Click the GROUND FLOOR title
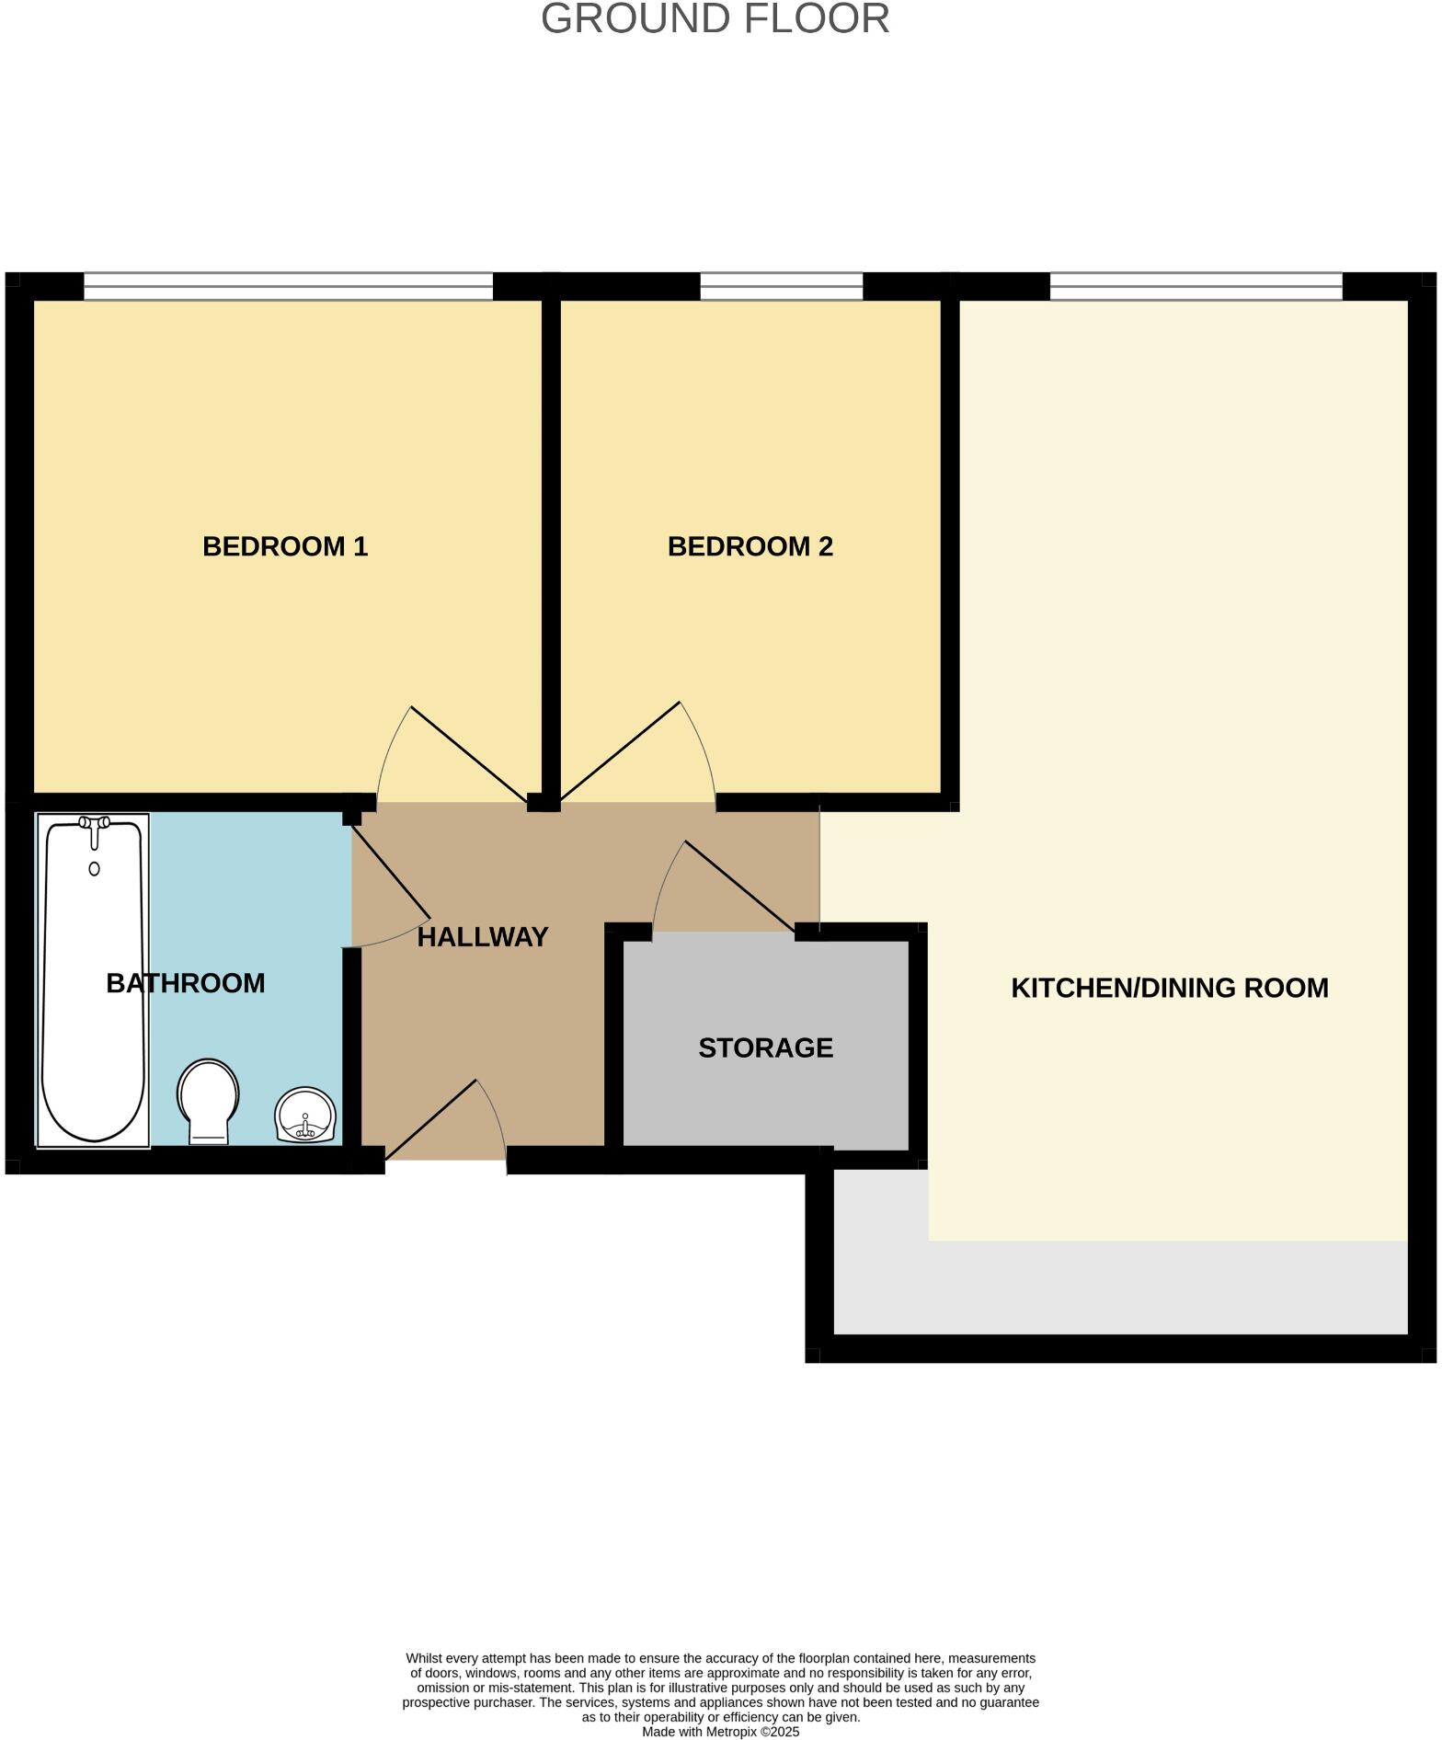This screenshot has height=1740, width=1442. tap(715, 19)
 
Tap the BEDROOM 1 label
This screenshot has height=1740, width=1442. tap(285, 547)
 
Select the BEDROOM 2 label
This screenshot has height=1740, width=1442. tap(750, 547)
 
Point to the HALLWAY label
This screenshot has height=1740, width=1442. tap(483, 937)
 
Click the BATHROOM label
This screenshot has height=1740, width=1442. tap(186, 983)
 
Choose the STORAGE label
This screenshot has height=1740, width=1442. tap(765, 1047)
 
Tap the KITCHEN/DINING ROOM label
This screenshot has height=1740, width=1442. tap(1169, 988)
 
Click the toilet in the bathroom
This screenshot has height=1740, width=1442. tap(209, 1098)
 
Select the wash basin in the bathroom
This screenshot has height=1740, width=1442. tap(306, 1114)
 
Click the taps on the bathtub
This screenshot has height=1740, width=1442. tap(94, 824)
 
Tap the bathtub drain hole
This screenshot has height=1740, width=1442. tap(94, 868)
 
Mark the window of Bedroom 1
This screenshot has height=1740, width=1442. tap(288, 286)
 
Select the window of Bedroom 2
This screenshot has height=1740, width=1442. tap(781, 286)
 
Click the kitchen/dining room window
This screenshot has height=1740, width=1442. tap(1196, 286)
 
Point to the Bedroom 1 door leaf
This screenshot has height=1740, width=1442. tap(469, 754)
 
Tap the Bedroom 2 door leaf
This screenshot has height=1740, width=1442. tap(620, 750)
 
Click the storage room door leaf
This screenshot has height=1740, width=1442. tap(740, 887)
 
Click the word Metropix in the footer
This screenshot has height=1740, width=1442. tap(734, 1732)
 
